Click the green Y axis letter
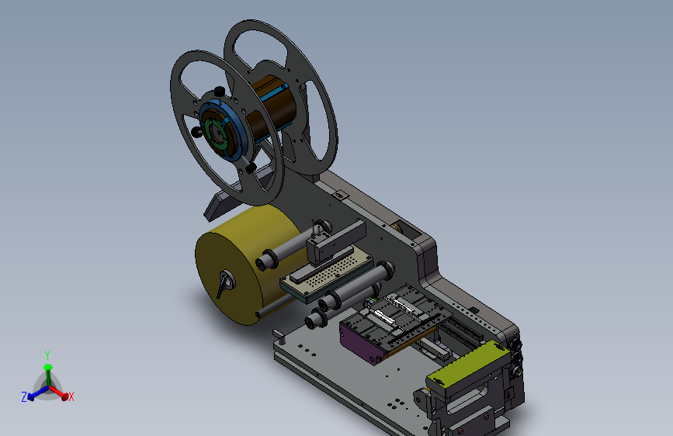47,355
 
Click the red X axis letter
71,396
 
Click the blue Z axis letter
24,397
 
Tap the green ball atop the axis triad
47,367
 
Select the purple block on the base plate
359,342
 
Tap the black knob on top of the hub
220,92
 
